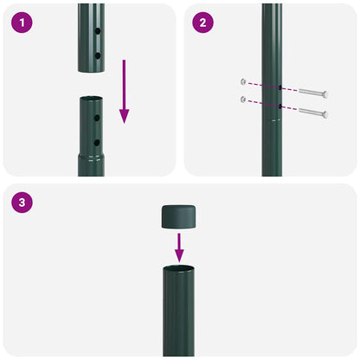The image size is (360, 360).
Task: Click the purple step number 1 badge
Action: (21, 22)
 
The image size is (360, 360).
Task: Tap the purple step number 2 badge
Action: (202, 22)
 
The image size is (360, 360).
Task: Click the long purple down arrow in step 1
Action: (124, 92)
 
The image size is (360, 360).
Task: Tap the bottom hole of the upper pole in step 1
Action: (97, 55)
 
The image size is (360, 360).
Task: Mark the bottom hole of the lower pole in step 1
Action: (97, 142)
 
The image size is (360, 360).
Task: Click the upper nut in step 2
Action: (245, 82)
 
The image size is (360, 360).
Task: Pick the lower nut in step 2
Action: (245, 100)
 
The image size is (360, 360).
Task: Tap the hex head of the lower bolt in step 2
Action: (325, 113)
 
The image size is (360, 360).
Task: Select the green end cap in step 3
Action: (179, 216)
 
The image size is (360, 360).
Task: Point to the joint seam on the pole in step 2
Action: (272, 121)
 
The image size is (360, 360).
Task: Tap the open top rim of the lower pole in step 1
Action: (91, 99)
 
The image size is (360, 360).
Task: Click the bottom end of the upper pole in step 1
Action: (91, 67)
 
